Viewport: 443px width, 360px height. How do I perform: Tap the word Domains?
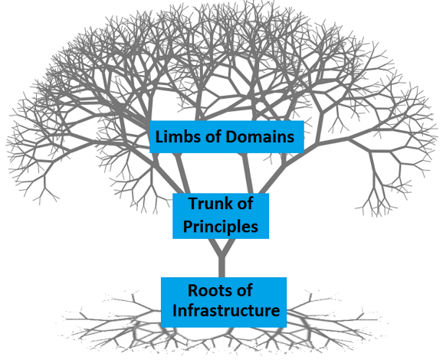tap(260, 136)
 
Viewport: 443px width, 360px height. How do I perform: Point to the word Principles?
tap(221, 227)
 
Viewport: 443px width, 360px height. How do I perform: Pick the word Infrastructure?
tap(226, 310)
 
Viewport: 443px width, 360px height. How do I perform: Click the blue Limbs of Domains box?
tap(227, 137)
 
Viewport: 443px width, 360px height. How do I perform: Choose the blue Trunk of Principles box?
tap(221, 216)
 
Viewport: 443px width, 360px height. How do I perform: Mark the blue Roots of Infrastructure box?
tap(224, 303)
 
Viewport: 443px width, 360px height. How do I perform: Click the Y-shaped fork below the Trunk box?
tap(221, 250)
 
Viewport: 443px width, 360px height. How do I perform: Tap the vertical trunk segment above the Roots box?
tap(221, 267)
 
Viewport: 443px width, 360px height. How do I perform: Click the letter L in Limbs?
tap(159, 136)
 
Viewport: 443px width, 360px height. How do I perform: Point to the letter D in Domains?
tap(231, 136)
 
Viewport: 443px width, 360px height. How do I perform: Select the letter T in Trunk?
tap(194, 204)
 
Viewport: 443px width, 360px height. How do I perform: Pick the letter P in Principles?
tap(188, 226)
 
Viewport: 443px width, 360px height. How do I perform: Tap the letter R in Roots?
tap(193, 290)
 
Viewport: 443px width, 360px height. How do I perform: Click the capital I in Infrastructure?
tap(174, 310)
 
